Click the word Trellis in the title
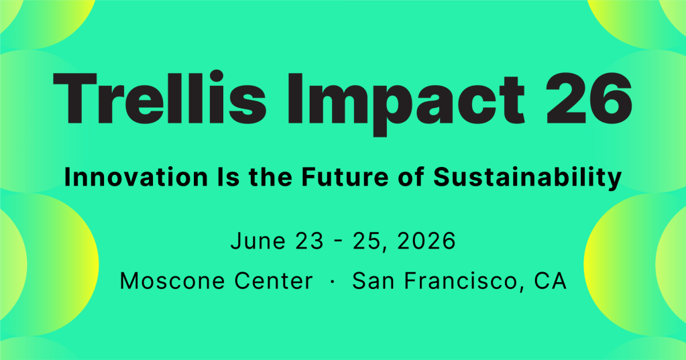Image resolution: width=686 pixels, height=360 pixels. (160, 99)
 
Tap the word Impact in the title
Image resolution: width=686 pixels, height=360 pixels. (406, 103)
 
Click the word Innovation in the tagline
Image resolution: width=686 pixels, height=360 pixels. (136, 177)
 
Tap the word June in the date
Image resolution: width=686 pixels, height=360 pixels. (258, 241)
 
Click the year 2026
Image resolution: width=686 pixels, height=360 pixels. (426, 241)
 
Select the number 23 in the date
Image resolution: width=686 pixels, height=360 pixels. (309, 241)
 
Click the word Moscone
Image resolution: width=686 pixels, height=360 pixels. (172, 281)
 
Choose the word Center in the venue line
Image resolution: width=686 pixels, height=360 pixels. (274, 281)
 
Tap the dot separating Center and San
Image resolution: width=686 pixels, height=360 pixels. (333, 282)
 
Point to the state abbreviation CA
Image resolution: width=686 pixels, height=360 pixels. (551, 281)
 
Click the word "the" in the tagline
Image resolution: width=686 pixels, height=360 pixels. (270, 177)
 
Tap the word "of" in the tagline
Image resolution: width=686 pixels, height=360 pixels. (411, 177)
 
